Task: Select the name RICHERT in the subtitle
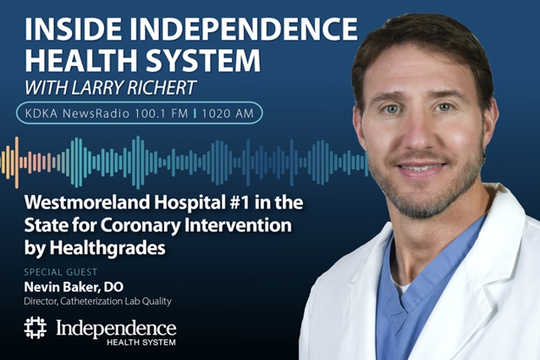[167, 88]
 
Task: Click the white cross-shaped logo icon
[35, 329]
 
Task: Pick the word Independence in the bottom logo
[116, 327]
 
